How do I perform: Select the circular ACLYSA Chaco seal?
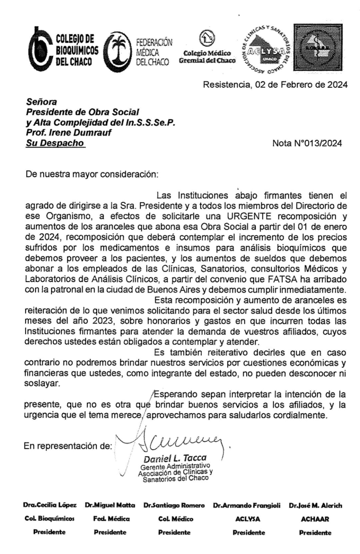click(267, 49)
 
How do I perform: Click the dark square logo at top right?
click(319, 47)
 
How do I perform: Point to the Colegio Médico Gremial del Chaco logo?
click(207, 48)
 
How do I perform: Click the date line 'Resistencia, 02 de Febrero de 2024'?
click(275, 85)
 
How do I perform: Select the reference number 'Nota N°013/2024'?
click(307, 143)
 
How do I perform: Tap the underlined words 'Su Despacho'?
click(55, 143)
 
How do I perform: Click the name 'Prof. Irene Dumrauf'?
click(69, 133)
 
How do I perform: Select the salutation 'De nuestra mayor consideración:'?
click(91, 174)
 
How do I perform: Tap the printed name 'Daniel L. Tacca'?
click(175, 458)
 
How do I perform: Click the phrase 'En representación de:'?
click(68, 446)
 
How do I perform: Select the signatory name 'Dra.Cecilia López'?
click(50, 505)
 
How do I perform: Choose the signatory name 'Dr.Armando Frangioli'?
click(247, 505)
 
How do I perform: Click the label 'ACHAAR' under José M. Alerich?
click(315, 519)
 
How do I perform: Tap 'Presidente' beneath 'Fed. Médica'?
click(110, 532)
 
